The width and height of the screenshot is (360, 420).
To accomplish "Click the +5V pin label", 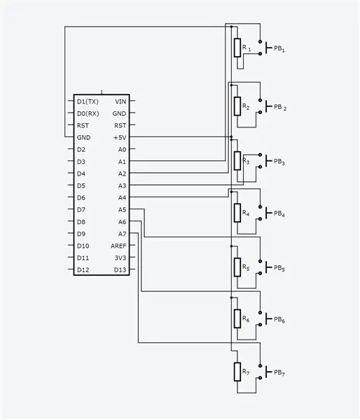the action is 120,137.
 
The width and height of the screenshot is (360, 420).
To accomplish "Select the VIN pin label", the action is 120,101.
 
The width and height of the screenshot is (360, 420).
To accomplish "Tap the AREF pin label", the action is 118,246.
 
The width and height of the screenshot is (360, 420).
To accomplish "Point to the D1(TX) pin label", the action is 88,101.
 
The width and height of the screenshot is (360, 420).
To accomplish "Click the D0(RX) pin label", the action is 88,113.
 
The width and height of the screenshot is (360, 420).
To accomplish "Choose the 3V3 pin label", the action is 120,258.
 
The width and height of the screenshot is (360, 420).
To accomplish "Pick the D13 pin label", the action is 120,270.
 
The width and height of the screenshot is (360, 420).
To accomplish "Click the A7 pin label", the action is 122,234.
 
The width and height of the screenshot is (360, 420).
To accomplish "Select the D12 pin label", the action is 83,270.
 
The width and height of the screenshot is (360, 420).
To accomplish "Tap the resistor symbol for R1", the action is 237,48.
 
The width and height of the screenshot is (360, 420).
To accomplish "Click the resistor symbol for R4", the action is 237,213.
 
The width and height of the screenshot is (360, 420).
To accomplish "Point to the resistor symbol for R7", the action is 237,372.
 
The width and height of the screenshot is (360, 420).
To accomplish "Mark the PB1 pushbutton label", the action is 279,49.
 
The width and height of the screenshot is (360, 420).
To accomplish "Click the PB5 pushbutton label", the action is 279,268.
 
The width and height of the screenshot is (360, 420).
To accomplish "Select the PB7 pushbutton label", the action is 279,372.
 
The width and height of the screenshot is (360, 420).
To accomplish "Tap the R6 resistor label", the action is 246,318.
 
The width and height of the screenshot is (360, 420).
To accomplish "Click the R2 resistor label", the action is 246,106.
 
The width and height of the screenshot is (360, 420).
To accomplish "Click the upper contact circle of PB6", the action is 260,313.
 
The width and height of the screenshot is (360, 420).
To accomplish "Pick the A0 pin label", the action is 122,150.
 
